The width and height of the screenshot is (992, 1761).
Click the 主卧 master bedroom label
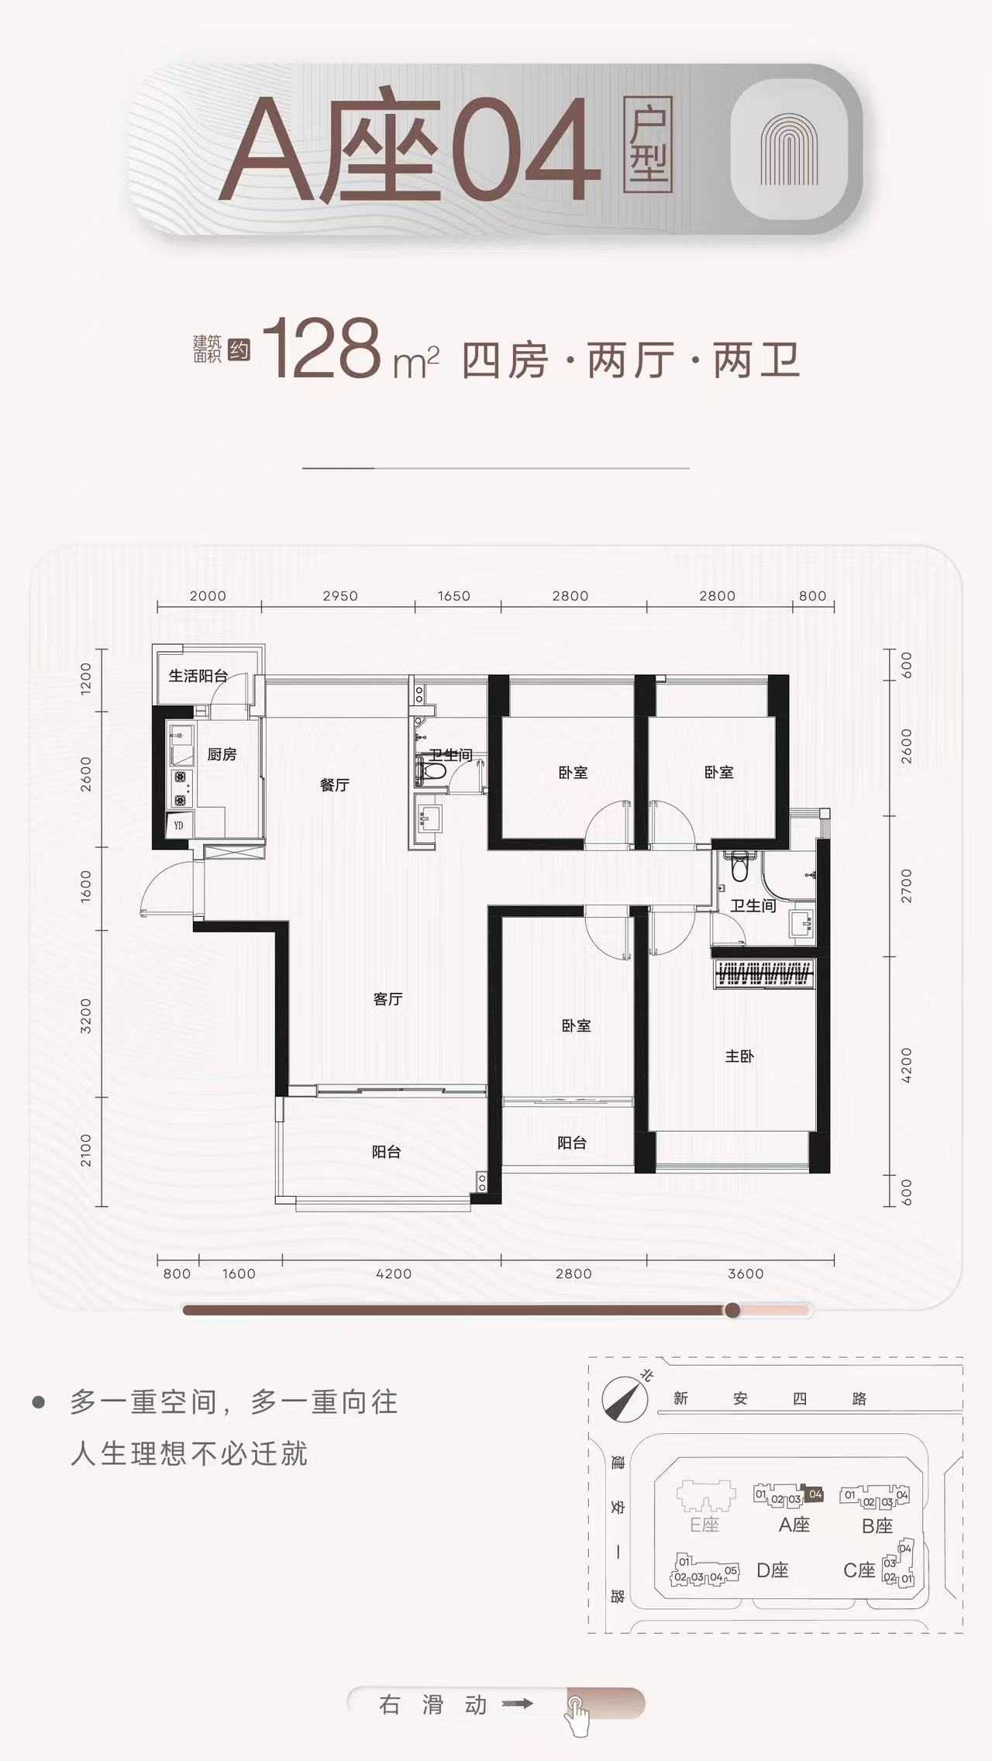(739, 1056)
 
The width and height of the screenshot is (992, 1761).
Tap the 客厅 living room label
(387, 999)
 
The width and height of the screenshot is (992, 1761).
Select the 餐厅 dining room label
(335, 785)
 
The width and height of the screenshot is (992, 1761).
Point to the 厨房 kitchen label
(222, 754)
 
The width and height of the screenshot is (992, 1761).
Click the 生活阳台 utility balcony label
(198, 676)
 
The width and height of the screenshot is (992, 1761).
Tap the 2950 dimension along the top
(340, 596)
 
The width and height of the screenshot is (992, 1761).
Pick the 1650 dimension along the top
(454, 596)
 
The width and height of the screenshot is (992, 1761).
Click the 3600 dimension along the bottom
(746, 1273)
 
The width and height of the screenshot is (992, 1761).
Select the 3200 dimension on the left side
(86, 1015)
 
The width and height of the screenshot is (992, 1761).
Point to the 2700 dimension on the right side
(907, 886)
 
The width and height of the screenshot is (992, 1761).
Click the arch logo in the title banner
(789, 150)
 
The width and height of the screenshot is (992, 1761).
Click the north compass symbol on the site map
(625, 1399)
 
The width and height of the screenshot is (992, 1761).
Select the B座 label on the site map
(877, 1526)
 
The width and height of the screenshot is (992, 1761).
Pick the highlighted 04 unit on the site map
(815, 1494)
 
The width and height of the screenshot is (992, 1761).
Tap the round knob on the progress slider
(732, 1311)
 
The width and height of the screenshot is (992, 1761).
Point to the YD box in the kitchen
(178, 825)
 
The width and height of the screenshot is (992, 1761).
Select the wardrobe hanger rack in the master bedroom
(764, 974)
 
